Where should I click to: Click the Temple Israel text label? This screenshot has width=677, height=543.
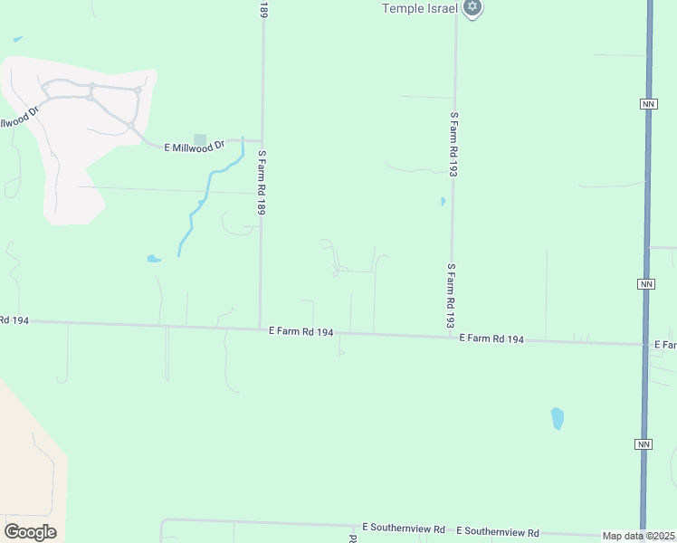(x=421, y=8)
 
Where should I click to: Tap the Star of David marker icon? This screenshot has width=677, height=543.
(x=471, y=7)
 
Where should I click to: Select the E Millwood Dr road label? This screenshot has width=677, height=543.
(x=194, y=146)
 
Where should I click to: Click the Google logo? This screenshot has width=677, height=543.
(x=30, y=532)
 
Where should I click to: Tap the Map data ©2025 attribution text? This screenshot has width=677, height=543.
(x=638, y=536)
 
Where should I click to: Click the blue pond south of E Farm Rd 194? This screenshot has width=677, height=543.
(x=558, y=418)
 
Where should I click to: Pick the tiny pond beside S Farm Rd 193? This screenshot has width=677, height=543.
(x=442, y=201)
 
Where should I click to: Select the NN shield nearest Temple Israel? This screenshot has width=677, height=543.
(x=646, y=104)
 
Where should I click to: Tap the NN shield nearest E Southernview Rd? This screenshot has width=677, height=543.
(x=643, y=444)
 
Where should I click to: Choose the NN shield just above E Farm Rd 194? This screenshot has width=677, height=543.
(x=645, y=284)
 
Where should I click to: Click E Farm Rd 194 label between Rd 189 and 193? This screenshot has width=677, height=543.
(x=301, y=332)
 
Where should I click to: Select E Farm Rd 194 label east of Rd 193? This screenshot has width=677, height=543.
(x=491, y=338)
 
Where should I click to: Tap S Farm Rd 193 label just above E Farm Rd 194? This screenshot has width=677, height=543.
(x=450, y=295)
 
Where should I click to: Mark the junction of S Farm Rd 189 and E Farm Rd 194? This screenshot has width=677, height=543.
(x=260, y=328)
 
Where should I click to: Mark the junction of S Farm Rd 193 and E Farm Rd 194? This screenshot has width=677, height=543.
(x=451, y=337)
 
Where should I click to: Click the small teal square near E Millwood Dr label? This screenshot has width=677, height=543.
(x=200, y=139)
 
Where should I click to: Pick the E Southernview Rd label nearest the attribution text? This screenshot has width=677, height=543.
(x=497, y=532)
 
